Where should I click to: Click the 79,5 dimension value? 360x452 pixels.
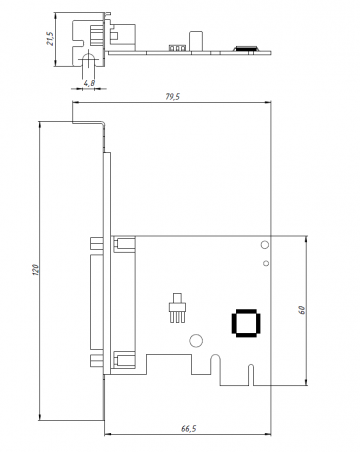[173, 97]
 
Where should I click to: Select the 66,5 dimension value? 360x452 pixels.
[189, 429]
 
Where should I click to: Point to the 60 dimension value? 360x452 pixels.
[302, 310]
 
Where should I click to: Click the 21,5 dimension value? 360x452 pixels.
[50, 39]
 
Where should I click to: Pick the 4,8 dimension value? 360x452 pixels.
[89, 83]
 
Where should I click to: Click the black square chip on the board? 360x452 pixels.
[246, 323]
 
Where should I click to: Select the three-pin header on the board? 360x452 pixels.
[177, 308]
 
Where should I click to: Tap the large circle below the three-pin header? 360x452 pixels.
[196, 341]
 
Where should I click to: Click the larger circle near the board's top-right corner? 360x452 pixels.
[265, 245]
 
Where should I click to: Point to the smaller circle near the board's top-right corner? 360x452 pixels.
[266, 263]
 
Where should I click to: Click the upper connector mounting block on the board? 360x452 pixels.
[124, 244]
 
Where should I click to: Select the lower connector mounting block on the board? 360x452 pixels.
[124, 360]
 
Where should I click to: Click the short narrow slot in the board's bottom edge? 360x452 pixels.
[251, 375]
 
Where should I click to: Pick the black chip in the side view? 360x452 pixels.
[246, 48]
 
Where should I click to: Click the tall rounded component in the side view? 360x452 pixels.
[196, 41]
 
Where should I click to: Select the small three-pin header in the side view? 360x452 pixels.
[177, 48]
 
